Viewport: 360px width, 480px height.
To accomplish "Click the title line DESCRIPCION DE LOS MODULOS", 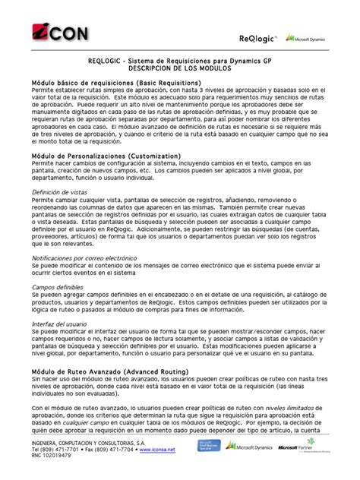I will pyautogui.click(x=179, y=68).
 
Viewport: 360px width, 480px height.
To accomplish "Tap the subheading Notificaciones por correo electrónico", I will pyautogui.click(x=83, y=259).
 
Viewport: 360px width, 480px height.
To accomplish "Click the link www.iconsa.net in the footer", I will pyautogui.click(x=158, y=450).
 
